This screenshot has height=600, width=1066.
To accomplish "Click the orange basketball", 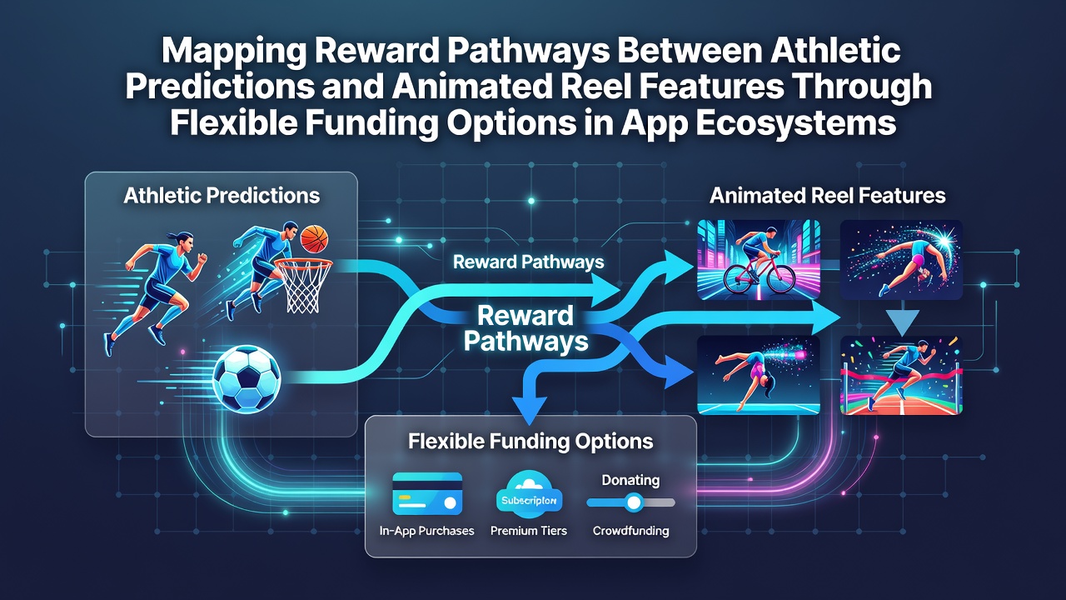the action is coord(314,239).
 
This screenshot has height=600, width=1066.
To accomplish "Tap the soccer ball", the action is coord(247,378).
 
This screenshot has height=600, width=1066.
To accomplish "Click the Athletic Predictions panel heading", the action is coord(222,196).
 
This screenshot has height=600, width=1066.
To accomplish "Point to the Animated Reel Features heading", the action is coord(827,196).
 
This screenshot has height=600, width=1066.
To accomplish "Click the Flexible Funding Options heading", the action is coord(531,442).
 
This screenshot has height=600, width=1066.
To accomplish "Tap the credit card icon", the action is coord(427,494).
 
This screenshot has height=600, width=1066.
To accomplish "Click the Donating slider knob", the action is coord(634,502).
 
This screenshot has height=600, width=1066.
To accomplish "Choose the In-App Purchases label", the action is coord(427,531).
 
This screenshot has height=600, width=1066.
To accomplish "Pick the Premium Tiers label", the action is coord(529,531).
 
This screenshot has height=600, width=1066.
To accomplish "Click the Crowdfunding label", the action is coord(631,531).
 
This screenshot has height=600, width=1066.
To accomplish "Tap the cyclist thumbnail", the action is coord(759,259).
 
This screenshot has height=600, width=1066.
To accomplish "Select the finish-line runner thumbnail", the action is coord(901,375).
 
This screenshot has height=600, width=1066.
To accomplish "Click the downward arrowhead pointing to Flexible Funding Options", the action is coord(530,411).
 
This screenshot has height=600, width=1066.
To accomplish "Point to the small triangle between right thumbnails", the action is coord(902,322).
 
